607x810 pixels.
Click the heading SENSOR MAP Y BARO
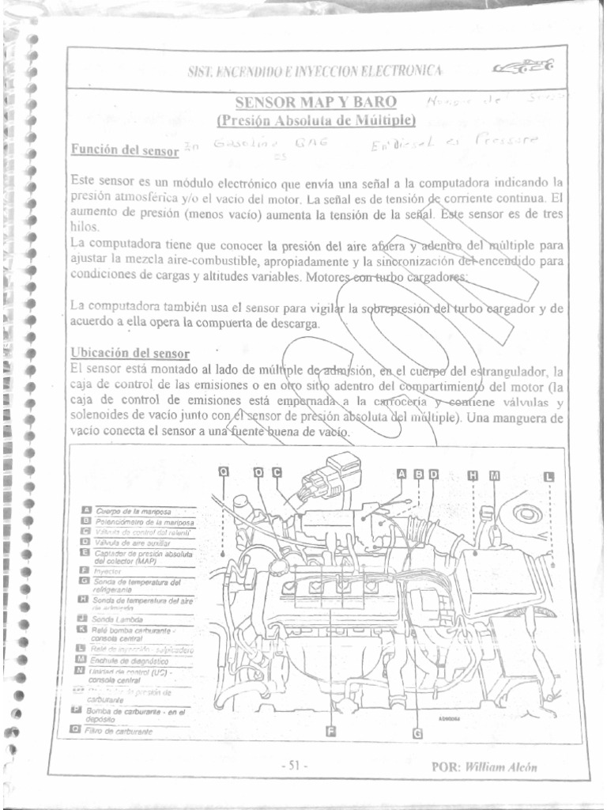(x=316, y=102)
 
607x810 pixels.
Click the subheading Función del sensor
(x=123, y=149)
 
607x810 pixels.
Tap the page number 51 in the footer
(x=293, y=766)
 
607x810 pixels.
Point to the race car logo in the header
(x=523, y=69)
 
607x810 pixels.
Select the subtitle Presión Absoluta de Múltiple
(x=316, y=120)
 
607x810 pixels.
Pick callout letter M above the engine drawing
(x=495, y=475)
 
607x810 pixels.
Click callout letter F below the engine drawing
(x=331, y=730)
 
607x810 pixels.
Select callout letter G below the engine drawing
(x=417, y=733)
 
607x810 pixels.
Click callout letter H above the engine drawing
(x=474, y=475)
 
